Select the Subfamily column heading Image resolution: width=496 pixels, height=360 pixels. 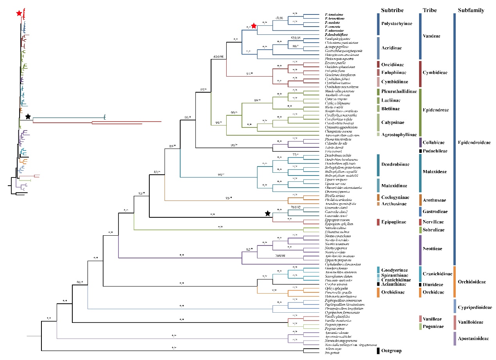click(x=471, y=11)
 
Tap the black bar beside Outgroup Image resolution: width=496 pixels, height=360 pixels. click(x=378, y=351)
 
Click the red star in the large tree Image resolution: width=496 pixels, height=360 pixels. click(x=254, y=26)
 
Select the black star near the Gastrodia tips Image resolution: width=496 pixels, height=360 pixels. click(x=267, y=213)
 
